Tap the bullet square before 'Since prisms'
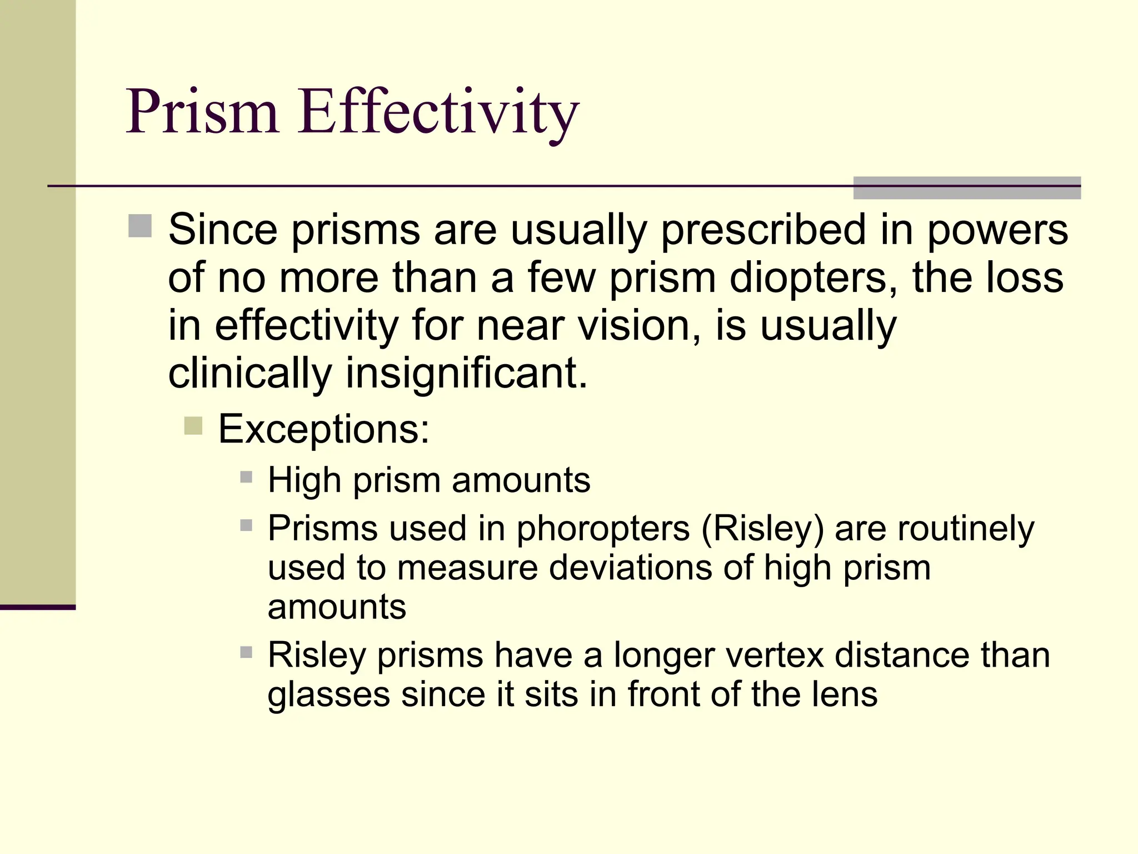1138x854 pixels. click(x=140, y=226)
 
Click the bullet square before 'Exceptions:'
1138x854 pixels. click(x=193, y=426)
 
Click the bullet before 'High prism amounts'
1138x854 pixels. click(x=246, y=477)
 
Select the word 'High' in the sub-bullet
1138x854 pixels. click(x=304, y=480)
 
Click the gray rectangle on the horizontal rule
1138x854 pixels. click(x=967, y=188)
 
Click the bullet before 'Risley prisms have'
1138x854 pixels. click(x=246, y=652)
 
